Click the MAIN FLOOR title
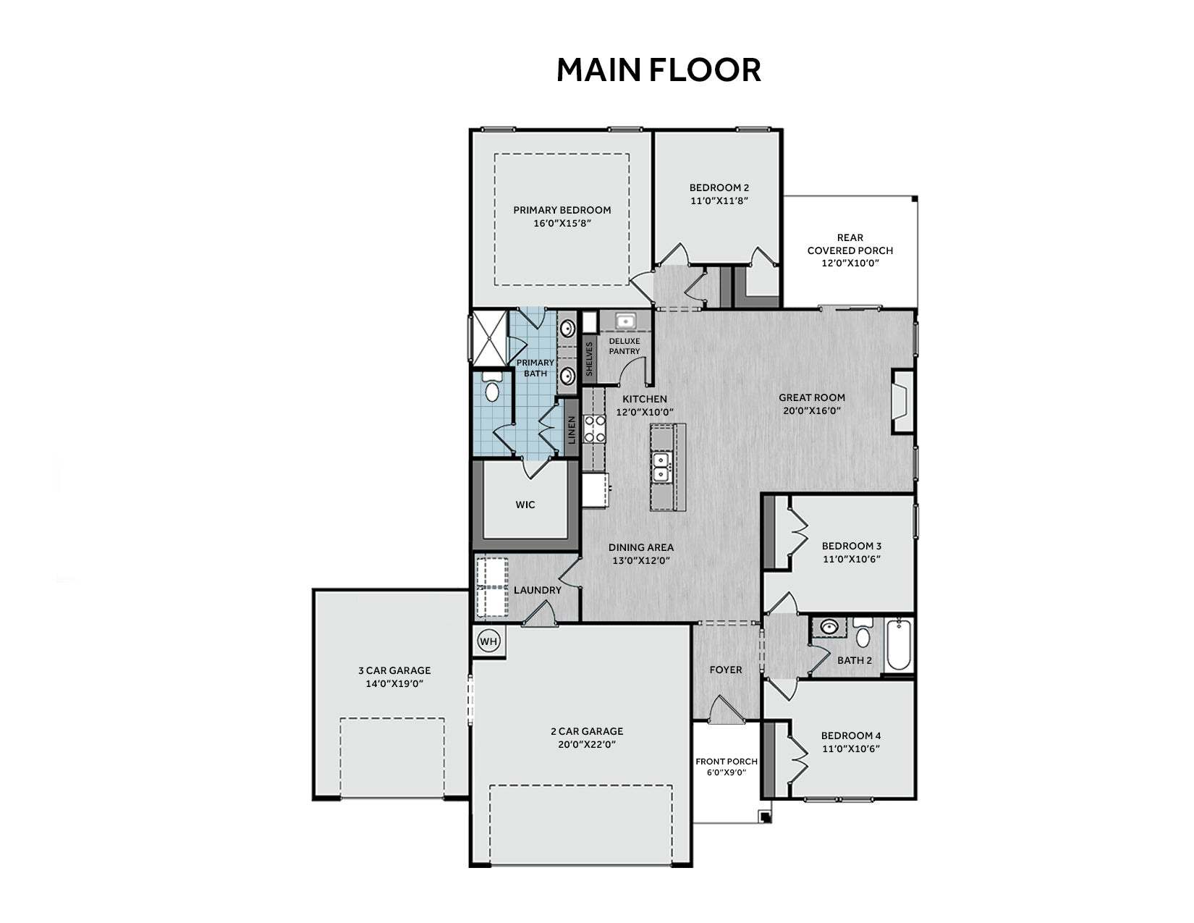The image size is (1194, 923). (x=659, y=69)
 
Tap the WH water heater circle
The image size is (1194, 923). (x=488, y=641)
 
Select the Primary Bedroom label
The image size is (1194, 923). (x=562, y=210)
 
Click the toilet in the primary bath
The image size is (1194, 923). (x=492, y=387)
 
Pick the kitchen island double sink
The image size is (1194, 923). (x=661, y=467)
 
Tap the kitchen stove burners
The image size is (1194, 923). (x=594, y=429)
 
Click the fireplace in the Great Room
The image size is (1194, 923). (x=902, y=402)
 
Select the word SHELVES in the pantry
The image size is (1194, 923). (x=589, y=359)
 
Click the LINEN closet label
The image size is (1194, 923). (x=572, y=430)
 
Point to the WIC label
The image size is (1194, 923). (x=525, y=505)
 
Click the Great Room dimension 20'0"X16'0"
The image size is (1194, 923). (x=812, y=410)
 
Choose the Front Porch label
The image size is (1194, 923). (x=727, y=762)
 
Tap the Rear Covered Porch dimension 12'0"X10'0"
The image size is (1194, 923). (x=850, y=263)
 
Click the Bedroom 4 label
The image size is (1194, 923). (x=850, y=736)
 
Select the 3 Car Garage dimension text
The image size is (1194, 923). (x=394, y=684)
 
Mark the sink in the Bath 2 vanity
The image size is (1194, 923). (x=829, y=626)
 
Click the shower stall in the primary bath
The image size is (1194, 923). (x=490, y=337)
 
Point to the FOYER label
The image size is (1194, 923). (x=725, y=670)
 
